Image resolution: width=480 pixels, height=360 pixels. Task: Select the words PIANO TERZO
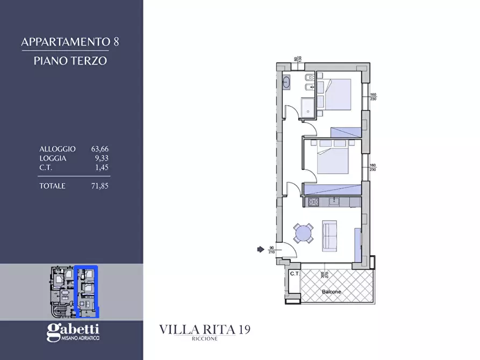(70, 60)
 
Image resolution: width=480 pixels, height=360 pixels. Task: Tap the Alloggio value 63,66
(100, 149)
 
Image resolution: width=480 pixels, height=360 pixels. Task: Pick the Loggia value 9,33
(102, 159)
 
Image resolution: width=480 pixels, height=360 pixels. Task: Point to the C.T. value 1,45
(102, 168)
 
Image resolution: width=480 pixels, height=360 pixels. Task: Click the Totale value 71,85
(100, 186)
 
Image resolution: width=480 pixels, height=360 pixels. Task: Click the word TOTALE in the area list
(52, 186)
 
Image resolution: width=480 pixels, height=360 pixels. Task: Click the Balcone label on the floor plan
(332, 292)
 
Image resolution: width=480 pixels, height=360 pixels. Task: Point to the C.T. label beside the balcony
(294, 273)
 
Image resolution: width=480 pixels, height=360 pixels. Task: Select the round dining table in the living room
(304, 234)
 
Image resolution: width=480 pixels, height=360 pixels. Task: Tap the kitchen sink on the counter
(334, 202)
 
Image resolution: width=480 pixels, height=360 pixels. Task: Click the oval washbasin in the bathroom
(286, 83)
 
